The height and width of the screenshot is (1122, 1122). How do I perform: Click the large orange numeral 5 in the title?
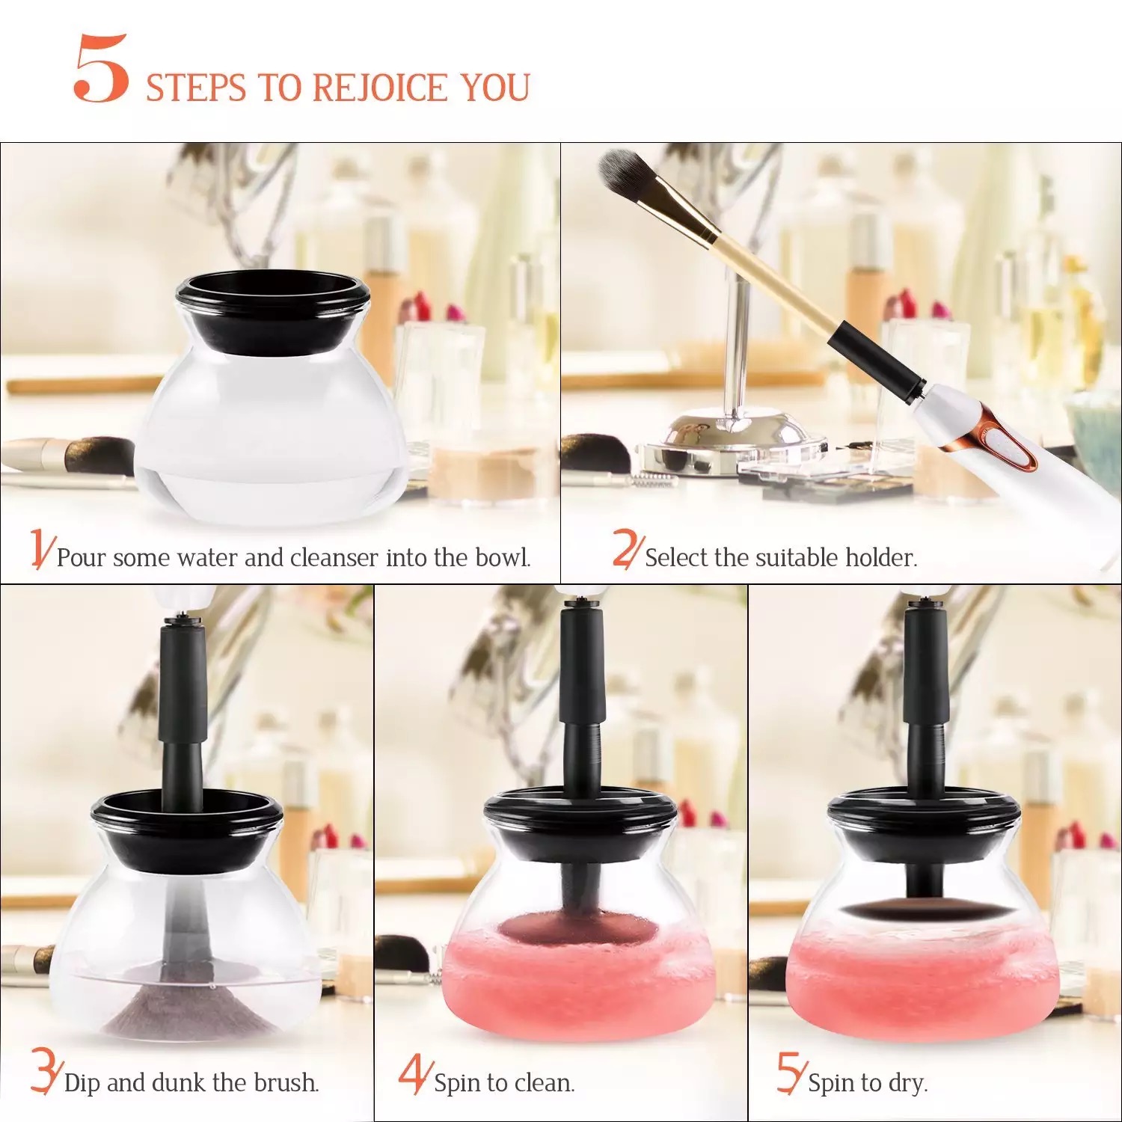101,69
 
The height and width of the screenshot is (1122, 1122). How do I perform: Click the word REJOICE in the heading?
379,88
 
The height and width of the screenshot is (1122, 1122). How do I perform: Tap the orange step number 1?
41,548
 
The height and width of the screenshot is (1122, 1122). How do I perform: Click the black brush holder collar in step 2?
875,359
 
